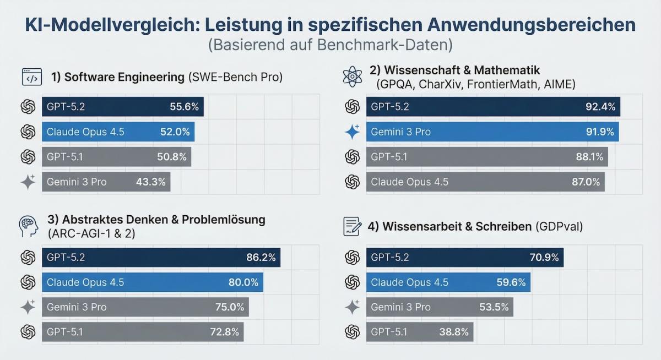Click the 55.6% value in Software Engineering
click(184, 107)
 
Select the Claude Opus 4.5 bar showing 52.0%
click(118, 132)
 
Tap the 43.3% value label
click(151, 182)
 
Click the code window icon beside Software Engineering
click(31, 77)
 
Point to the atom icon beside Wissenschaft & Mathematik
click(352, 77)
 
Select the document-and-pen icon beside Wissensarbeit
click(352, 226)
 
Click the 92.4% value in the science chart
click(600, 107)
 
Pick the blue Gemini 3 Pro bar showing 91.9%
click(492, 132)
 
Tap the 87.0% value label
click(586, 182)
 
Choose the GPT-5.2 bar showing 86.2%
click(161, 257)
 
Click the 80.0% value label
click(243, 282)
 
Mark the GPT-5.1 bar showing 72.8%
click(142, 332)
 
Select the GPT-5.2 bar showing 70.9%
click(464, 257)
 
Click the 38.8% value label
click(454, 332)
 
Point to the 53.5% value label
click(494, 307)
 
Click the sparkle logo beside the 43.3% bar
click(28, 182)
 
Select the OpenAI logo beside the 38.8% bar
click(352, 332)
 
